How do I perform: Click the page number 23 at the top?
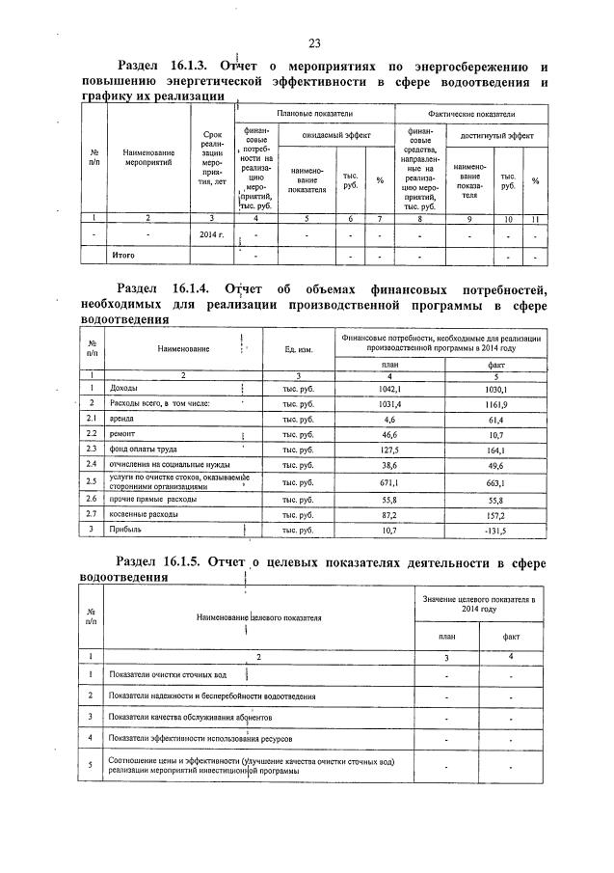(314, 42)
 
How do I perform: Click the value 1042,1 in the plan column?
(389, 388)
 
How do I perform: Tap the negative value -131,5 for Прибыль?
(502, 530)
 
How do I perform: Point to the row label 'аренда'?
(124, 420)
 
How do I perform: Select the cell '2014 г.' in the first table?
(211, 235)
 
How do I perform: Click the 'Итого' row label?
(122, 256)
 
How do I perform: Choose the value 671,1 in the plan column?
(389, 481)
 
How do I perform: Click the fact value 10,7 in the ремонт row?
(502, 435)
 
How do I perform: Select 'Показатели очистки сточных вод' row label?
(169, 674)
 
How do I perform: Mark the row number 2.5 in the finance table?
(90, 481)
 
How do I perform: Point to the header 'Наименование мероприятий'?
(148, 157)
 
